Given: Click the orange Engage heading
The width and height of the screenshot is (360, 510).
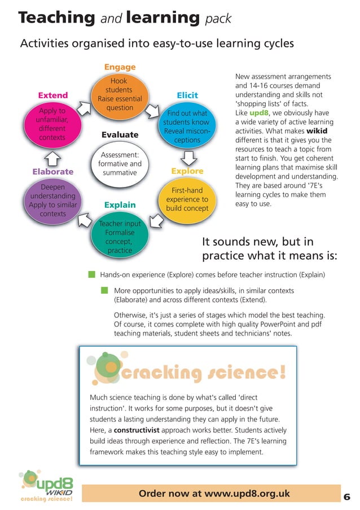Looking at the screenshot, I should [120, 67].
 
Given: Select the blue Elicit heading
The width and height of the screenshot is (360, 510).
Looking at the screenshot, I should [187, 95].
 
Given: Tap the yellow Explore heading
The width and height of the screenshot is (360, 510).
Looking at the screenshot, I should [187, 171].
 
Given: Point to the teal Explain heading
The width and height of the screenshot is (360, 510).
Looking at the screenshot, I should [120, 204].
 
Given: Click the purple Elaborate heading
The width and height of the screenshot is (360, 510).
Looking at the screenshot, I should [53, 171].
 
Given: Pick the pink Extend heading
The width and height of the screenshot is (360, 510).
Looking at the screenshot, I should [52, 95].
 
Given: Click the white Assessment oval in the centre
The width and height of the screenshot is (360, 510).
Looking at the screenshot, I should [120, 163].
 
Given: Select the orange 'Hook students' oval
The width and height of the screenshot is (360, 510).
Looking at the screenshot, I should [119, 95].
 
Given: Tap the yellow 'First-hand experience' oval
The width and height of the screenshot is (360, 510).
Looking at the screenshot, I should [187, 199].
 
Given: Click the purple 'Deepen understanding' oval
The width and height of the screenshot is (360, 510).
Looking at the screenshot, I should [53, 200].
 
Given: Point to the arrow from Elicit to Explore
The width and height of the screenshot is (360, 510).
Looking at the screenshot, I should [190, 155].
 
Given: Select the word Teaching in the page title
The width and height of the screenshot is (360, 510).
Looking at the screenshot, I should [56, 18].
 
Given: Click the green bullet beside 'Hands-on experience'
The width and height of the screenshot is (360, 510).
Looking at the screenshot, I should [91, 274].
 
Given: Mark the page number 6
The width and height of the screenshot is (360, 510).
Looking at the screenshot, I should [346, 497].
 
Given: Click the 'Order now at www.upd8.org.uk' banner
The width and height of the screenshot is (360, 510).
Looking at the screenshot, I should [214, 494].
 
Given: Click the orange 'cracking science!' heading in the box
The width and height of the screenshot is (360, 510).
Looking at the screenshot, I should [203, 373].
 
